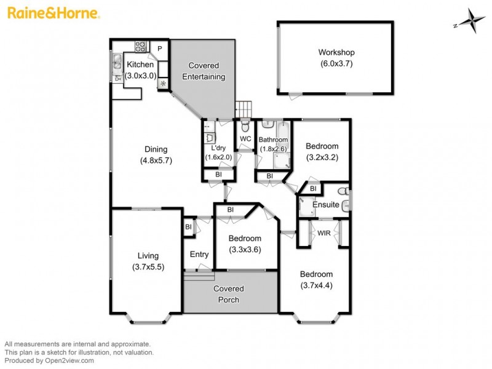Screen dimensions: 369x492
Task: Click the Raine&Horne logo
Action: point(54,12)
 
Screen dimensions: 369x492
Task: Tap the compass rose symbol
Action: point(470,20)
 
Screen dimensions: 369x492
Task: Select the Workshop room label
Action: point(336,53)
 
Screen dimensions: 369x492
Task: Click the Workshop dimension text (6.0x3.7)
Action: point(336,63)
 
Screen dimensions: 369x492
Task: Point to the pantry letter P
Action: point(159,49)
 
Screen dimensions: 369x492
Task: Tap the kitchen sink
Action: point(117,61)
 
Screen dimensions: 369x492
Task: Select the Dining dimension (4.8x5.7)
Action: point(155,161)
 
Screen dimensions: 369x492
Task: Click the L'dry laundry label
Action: point(218,148)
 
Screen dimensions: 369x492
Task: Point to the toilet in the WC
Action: point(245,127)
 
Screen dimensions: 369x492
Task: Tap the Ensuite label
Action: point(326,205)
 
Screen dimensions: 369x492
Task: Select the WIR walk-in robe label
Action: point(324,232)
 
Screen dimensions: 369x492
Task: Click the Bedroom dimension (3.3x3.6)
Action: point(245,250)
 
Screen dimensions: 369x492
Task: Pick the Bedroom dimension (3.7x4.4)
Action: point(316,285)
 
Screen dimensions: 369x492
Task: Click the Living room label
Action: point(148,256)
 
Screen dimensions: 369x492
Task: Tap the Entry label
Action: point(199,254)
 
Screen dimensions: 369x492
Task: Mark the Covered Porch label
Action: point(228,294)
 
